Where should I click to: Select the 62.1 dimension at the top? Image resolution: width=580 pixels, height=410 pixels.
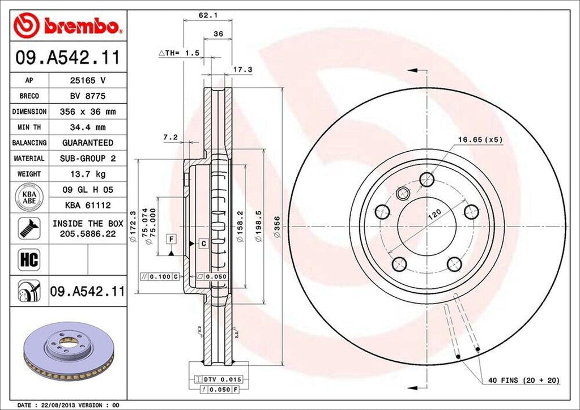(x=204, y=16)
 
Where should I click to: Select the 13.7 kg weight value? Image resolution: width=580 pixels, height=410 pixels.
(x=87, y=174)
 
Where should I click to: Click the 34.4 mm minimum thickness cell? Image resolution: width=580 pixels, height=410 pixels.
(x=87, y=127)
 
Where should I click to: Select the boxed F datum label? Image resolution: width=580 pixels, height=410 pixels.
(x=170, y=239)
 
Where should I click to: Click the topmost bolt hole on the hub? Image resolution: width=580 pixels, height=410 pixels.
(x=427, y=180)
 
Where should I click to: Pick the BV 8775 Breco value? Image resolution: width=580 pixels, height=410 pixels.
(x=87, y=96)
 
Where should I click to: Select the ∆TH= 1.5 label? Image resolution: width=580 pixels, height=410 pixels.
(x=179, y=53)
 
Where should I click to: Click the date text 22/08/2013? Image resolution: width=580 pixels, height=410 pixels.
(x=61, y=405)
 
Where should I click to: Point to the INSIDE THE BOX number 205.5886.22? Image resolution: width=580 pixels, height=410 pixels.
(x=87, y=233)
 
